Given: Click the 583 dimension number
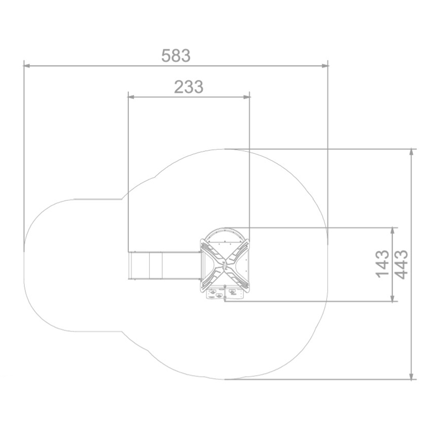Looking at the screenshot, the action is pyautogui.click(x=176, y=56).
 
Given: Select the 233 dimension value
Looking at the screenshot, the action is pyautogui.click(x=189, y=87).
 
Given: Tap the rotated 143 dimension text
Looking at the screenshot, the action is pyautogui.click(x=382, y=264).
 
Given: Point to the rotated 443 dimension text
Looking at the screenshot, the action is pyautogui.click(x=402, y=264).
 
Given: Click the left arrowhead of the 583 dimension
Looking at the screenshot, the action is pyautogui.click(x=26, y=66).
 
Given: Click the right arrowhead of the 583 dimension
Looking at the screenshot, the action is pyautogui.click(x=325, y=66).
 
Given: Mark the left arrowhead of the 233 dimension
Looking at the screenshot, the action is pyautogui.click(x=131, y=97).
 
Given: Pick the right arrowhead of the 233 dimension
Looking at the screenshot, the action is pyautogui.click(x=247, y=97).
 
